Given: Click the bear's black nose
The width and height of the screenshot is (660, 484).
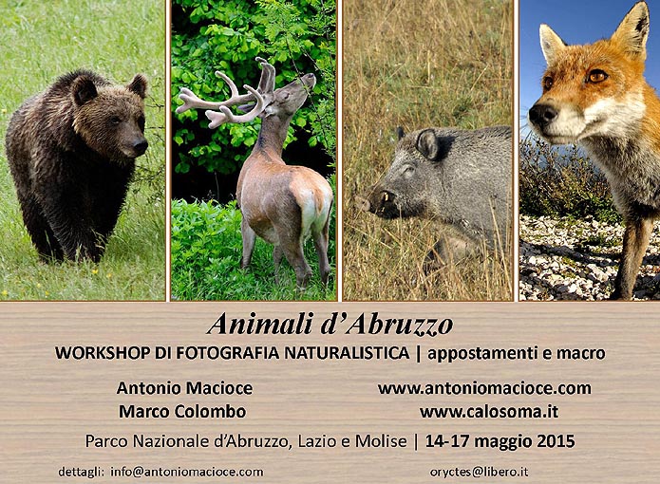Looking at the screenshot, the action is coord(140,146).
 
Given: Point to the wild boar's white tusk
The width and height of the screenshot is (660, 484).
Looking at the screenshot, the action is coord(386,196).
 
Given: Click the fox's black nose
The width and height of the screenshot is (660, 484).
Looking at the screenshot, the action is coord(542,114).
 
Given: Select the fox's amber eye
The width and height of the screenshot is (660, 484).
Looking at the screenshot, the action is coord(597,76).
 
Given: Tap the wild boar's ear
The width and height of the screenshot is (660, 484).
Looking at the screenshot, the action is coord(427,144).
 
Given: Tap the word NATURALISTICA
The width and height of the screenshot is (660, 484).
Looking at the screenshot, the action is coord(347,353).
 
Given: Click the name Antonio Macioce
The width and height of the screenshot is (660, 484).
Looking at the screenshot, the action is coord(184,388).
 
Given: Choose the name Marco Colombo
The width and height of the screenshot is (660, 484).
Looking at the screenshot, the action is coord(182,411).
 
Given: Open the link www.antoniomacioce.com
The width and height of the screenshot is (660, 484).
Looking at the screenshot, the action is coord(484,388).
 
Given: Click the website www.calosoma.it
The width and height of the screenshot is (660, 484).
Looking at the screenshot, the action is coord(489,411).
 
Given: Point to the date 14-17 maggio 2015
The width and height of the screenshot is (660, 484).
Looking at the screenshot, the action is coord(500,441).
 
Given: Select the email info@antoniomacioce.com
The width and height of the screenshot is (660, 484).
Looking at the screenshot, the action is coord(187,472).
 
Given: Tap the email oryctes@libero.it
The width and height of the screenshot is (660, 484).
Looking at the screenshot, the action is coord(479,472).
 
